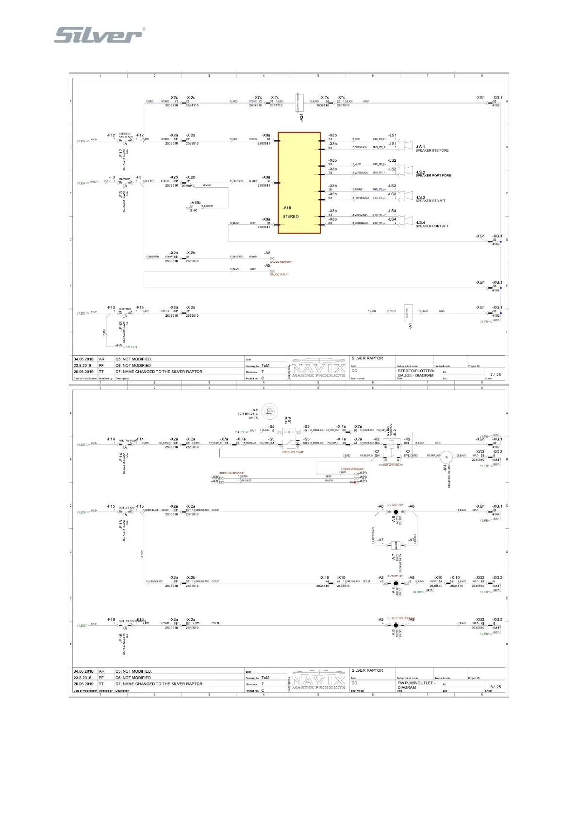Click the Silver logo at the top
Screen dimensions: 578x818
tap(99, 35)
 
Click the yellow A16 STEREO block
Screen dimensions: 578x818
tap(299, 183)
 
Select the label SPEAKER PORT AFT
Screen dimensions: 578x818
tap(431, 226)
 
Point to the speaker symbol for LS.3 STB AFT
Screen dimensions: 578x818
tap(408, 194)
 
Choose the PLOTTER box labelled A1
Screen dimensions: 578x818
tap(408, 313)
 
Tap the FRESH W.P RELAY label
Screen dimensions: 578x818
tap(391, 465)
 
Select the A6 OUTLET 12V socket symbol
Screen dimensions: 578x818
tap(396, 512)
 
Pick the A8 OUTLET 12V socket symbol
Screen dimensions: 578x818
tap(396, 583)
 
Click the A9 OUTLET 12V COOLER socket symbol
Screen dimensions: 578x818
tap(396, 625)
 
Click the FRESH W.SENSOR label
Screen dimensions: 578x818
tap(231, 473)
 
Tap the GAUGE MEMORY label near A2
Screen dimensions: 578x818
tap(281, 262)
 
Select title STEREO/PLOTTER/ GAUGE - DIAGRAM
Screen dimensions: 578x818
tap(415, 373)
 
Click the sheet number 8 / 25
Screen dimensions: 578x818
tap(495, 687)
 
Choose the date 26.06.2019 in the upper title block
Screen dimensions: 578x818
tap(83, 372)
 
